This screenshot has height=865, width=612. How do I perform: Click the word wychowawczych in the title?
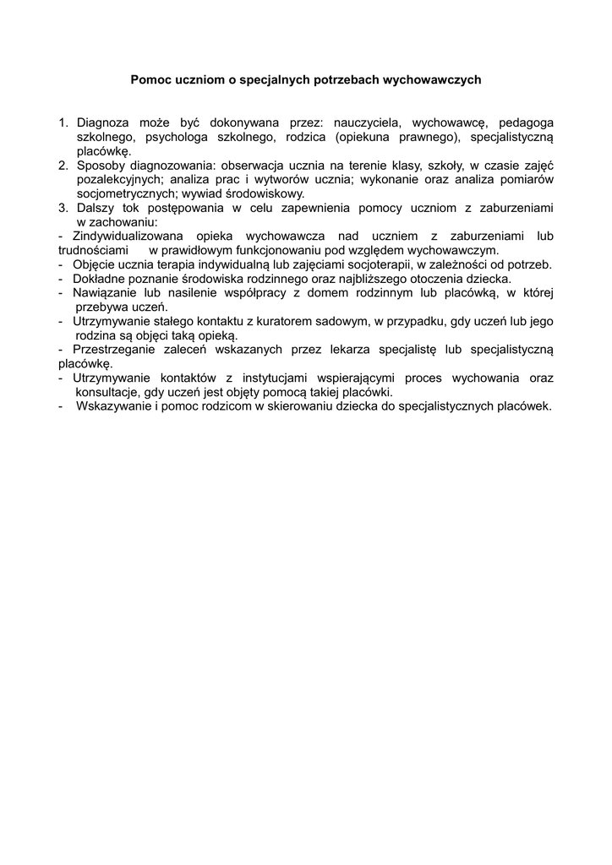pyautogui.click(x=432, y=80)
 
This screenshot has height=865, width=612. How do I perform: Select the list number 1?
pyautogui.click(x=63, y=123)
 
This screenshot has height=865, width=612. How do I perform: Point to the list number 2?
pyautogui.click(x=63, y=165)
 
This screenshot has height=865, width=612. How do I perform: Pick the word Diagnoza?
pyautogui.click(x=105, y=123)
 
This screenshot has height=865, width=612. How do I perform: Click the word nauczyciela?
pyautogui.click(x=362, y=123)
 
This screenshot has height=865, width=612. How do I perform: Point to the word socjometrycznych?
pyautogui.click(x=124, y=193)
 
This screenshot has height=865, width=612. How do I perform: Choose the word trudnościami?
pyautogui.click(x=93, y=251)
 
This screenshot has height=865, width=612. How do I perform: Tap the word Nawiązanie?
pyautogui.click(x=105, y=292)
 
